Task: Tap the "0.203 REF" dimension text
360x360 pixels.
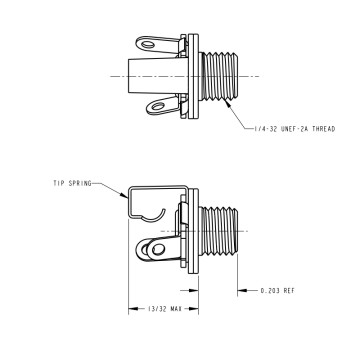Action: (x=277, y=291)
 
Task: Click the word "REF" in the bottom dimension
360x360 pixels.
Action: (x=289, y=291)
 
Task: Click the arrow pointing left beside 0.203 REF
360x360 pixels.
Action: (x=240, y=291)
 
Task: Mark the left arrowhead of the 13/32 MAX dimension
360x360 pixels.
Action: (x=129, y=308)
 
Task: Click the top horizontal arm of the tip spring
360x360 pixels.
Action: (x=160, y=186)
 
